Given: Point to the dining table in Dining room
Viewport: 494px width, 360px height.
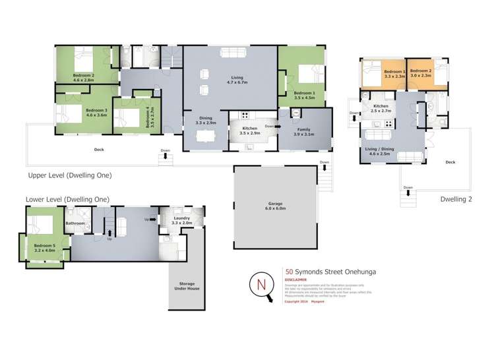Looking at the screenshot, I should [206, 136].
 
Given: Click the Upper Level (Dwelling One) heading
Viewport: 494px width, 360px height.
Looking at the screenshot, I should [70, 176].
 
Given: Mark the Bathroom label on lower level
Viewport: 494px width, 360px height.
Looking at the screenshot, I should [75, 224].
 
